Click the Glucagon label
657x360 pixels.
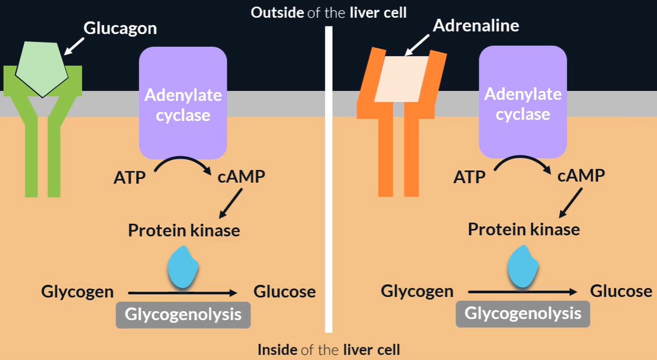coord(119,28)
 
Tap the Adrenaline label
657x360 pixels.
coord(476,25)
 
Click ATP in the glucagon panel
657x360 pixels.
coord(130,177)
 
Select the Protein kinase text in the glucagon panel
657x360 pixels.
coord(184,231)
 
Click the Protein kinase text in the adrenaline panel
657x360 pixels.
coord(524,229)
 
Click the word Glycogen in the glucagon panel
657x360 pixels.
coord(77,292)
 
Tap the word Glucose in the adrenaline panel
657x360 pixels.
coord(621,291)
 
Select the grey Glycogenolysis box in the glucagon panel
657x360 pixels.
coord(183,315)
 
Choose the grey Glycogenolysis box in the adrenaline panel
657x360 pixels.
coord(523,314)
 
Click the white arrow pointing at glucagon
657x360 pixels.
coord(75,46)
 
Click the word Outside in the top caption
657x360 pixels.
coord(277,12)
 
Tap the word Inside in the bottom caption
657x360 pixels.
coord(277,350)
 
